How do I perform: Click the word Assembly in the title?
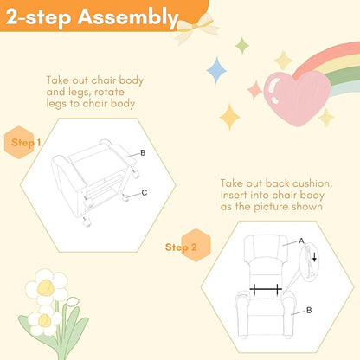tap(128, 17)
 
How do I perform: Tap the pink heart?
tap(297, 97)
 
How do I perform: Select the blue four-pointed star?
tap(216, 70)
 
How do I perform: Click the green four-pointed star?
tap(241, 45)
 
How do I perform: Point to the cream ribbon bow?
tap(196, 28)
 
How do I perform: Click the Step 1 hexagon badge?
tap(19, 142)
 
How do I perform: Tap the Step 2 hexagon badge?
tap(196, 246)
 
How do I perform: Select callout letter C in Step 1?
tap(145, 193)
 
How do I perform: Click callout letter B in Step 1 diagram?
tap(143, 153)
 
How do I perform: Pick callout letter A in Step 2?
tap(301, 241)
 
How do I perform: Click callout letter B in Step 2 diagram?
tap(309, 311)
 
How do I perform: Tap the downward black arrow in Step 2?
tap(314, 256)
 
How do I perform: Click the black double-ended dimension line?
tap(266, 289)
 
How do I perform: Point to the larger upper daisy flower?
tap(46, 287)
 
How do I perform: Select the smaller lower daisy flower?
tap(44, 320)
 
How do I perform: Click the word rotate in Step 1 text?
tap(109, 93)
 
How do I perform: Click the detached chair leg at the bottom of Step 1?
tap(86, 222)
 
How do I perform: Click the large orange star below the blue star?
tap(230, 117)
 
